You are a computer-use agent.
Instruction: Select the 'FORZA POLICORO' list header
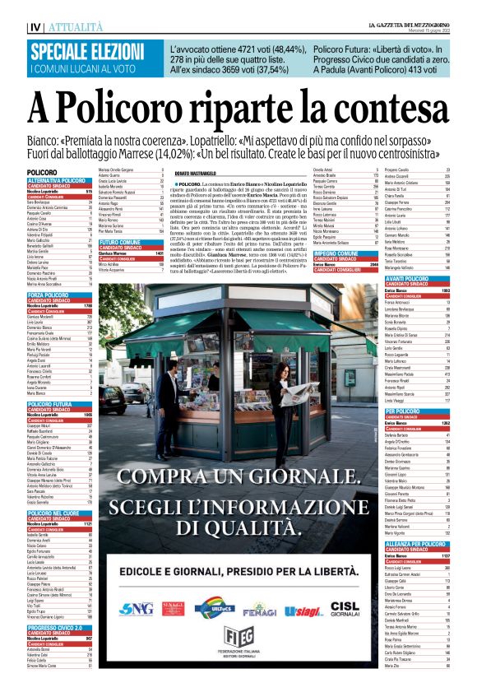(48, 295)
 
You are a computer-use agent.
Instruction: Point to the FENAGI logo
(259, 608)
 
